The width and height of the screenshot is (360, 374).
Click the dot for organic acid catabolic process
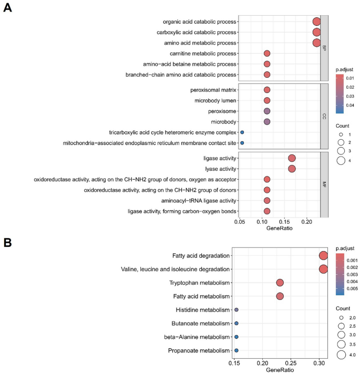pyautogui.click(x=316, y=22)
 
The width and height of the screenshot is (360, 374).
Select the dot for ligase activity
pyautogui.click(x=292, y=158)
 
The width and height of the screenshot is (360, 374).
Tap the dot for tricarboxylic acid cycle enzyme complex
pyautogui.click(x=242, y=132)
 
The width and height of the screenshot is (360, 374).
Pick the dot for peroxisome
pyautogui.click(x=267, y=111)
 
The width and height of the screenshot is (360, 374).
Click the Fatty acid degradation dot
pyautogui.click(x=323, y=256)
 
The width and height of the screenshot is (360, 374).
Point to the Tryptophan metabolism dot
pyautogui.click(x=280, y=283)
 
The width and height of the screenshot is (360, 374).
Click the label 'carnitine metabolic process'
pyautogui.click(x=200, y=54)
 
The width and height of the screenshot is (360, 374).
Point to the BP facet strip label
pyautogui.click(x=324, y=48)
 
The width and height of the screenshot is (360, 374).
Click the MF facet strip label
pyautogui.click(x=324, y=184)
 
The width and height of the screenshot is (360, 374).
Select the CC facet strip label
pyautogui.click(x=324, y=116)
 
